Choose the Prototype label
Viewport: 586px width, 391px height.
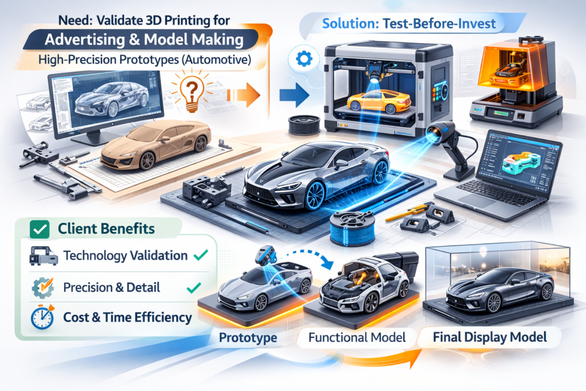coord(248,338)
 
